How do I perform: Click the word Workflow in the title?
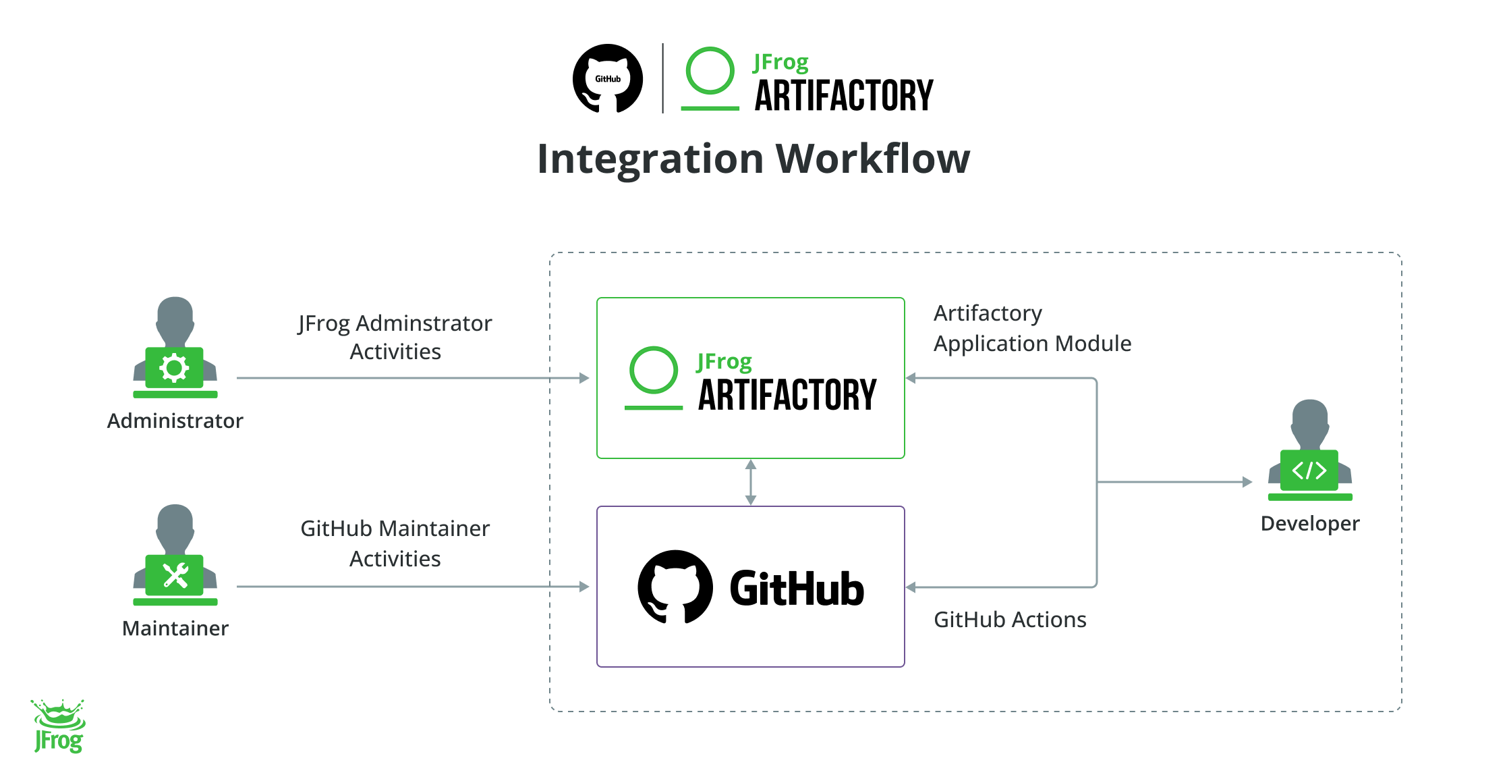872,159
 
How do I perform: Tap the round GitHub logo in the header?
607,78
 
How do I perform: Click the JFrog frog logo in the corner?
58,726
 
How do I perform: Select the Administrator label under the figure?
175,421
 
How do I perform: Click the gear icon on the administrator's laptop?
174,368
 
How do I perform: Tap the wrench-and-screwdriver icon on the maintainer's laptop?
175,576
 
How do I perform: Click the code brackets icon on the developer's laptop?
1309,470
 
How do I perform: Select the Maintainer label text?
175,628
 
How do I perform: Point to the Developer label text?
1309,523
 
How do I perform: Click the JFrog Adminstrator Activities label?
395,337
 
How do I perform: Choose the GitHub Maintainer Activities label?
395,543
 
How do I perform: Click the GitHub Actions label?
1009,620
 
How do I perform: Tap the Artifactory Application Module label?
1031,329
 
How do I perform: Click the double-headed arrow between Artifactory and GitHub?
750,482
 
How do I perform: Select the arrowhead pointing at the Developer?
1247,482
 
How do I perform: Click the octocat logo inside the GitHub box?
675,587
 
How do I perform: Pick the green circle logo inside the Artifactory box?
653,371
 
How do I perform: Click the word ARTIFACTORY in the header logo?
843,96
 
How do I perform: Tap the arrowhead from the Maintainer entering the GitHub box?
584,587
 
